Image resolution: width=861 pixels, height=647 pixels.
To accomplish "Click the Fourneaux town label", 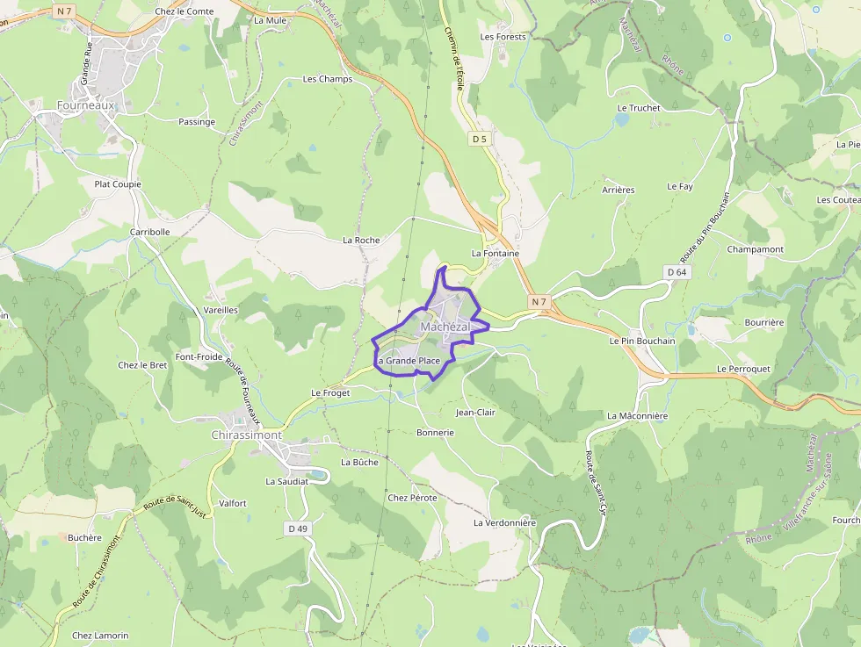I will (x=85, y=104).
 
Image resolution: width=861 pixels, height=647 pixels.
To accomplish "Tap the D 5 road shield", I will (x=479, y=139).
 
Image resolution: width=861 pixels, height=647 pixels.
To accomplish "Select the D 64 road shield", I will (x=676, y=272).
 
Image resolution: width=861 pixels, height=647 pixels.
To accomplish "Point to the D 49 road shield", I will (x=298, y=528).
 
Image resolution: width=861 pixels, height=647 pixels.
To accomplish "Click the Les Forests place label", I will (x=503, y=37).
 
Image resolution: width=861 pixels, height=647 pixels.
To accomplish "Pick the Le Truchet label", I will (x=639, y=108).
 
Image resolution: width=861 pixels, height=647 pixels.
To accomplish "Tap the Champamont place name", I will (x=756, y=249).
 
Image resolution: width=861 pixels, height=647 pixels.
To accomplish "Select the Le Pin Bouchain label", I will (x=642, y=341).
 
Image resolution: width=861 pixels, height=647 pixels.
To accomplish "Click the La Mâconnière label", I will (x=638, y=415).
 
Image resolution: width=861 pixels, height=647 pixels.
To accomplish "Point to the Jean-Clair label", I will (x=475, y=412).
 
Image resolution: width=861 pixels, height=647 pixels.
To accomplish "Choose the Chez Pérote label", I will (x=412, y=498).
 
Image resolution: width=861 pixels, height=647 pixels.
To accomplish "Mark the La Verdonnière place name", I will (x=504, y=522).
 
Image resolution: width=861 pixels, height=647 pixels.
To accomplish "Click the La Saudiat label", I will (x=287, y=481).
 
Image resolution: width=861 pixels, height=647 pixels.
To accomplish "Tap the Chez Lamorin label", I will (x=100, y=636).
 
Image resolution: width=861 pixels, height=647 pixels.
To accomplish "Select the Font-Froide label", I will (x=199, y=356).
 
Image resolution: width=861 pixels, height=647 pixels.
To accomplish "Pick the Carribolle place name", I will (x=150, y=232).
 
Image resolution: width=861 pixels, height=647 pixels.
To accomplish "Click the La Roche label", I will (x=361, y=240).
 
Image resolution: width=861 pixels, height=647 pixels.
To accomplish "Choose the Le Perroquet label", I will (x=743, y=369).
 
